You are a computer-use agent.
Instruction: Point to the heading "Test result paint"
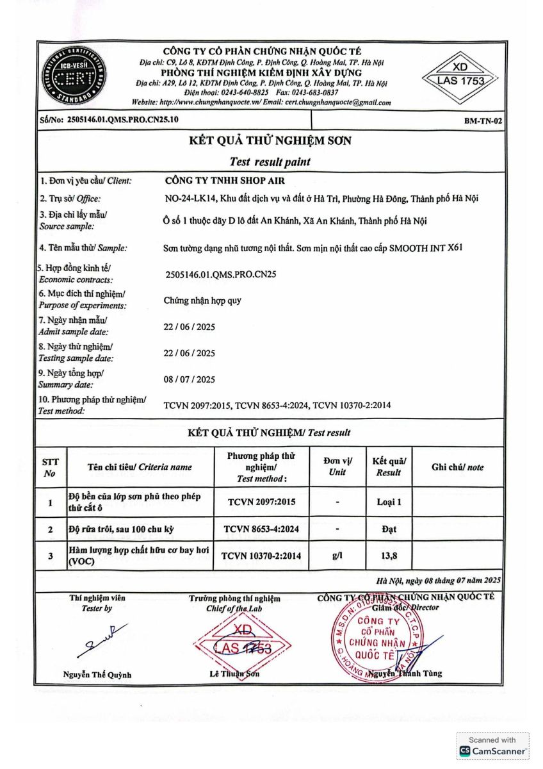coord(270,161)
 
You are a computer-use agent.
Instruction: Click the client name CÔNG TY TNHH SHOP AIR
coord(225,180)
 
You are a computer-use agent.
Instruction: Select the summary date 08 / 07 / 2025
coord(190,379)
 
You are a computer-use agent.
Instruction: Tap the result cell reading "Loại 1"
coord(389,502)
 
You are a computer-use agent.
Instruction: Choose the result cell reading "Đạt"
coord(389,529)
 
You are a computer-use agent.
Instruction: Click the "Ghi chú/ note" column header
coord(458,467)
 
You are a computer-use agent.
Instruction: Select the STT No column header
coord(51,467)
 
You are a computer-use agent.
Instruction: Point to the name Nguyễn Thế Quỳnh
coord(97,674)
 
